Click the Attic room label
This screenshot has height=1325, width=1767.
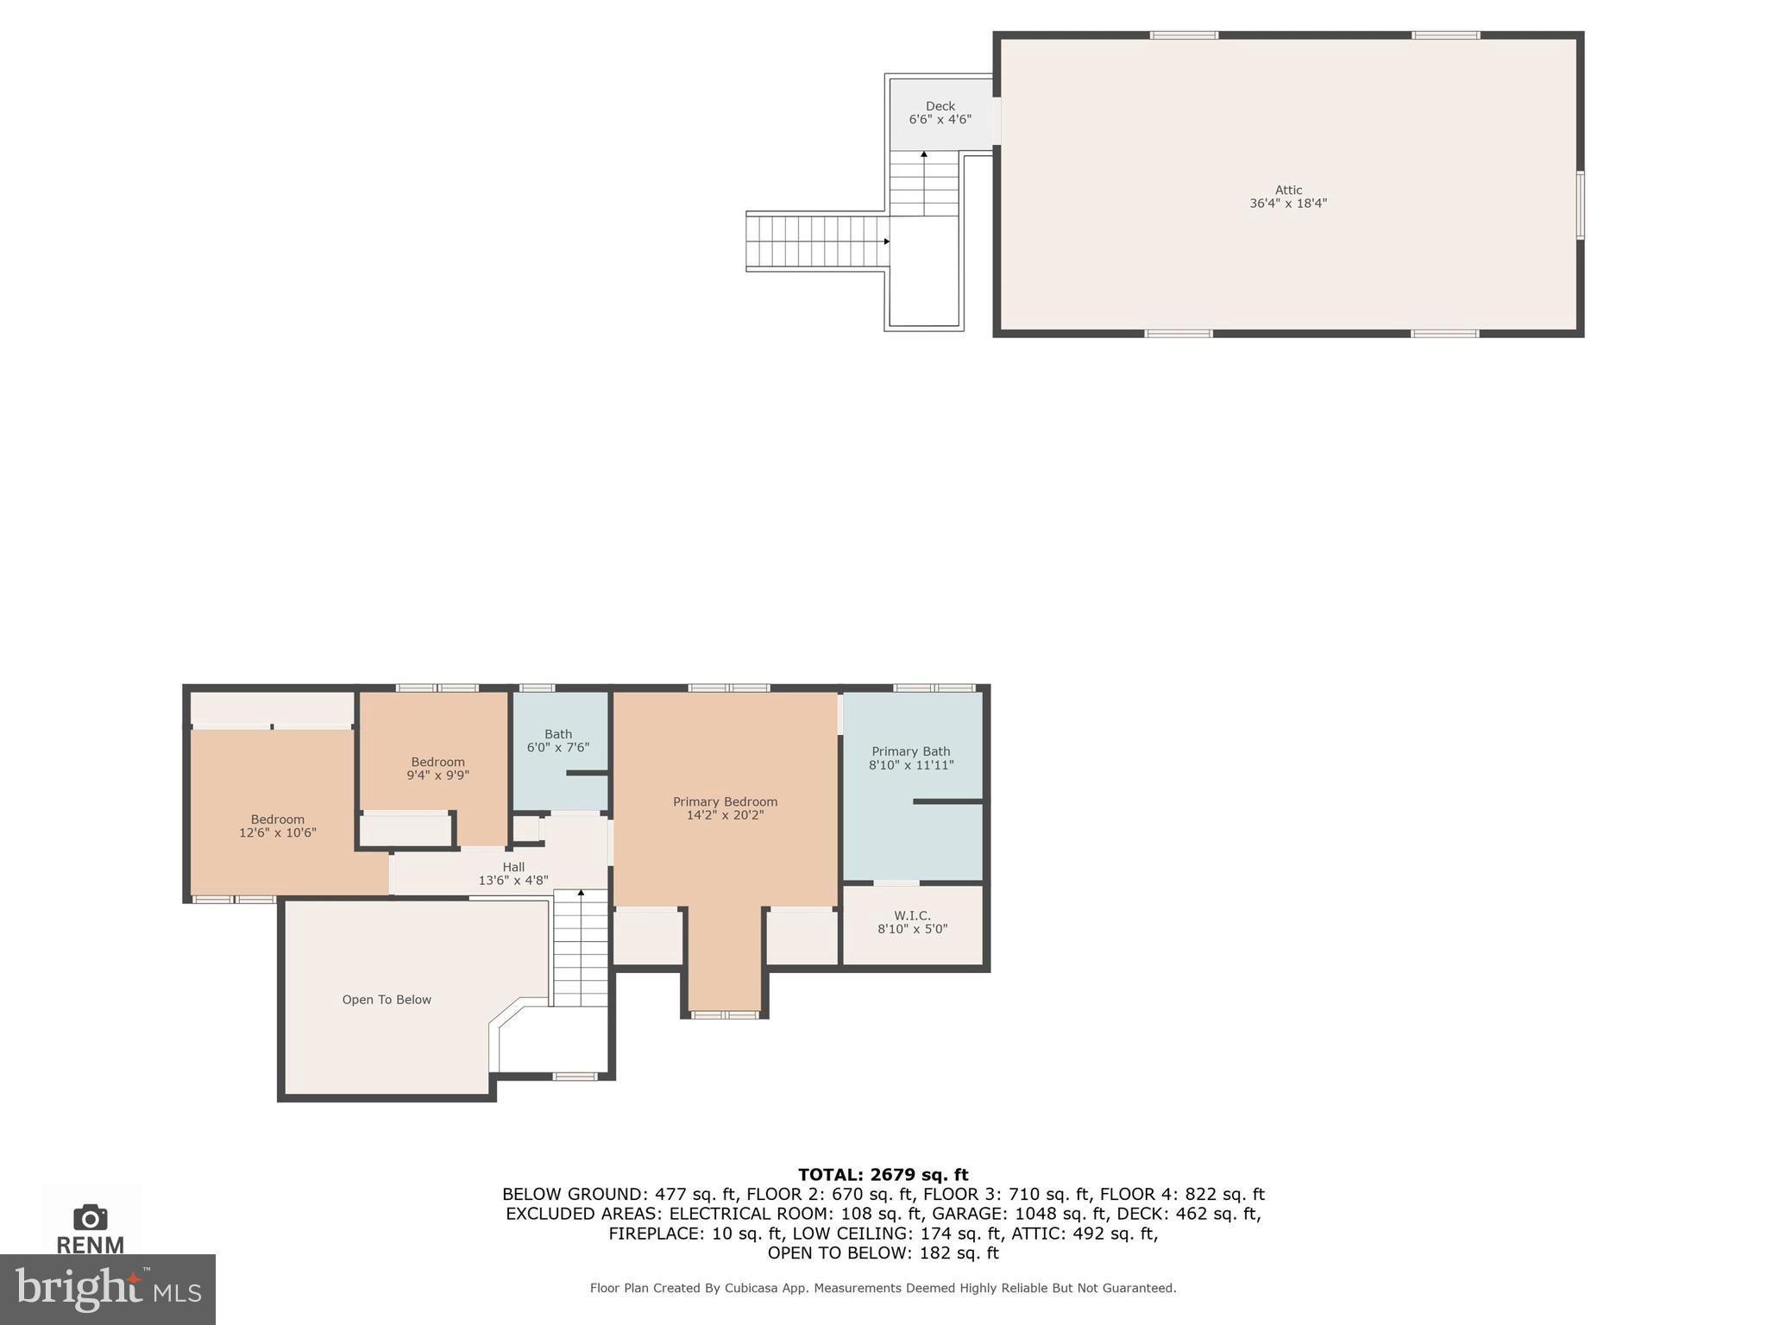tap(1287, 197)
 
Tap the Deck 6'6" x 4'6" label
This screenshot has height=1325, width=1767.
tap(940, 113)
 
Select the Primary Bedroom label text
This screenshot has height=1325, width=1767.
tap(725, 802)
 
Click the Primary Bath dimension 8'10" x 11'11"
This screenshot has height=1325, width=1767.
tap(911, 765)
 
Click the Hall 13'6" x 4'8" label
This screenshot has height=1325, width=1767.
tap(513, 874)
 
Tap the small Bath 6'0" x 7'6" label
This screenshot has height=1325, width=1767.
tap(558, 741)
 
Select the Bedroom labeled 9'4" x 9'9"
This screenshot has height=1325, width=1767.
tap(437, 769)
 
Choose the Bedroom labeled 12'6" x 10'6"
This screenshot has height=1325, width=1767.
tap(277, 826)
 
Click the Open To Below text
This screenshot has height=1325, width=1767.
tap(387, 1000)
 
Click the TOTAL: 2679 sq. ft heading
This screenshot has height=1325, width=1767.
tap(883, 1175)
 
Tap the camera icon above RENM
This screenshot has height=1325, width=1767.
tap(90, 1218)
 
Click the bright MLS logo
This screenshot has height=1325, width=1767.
tap(108, 1289)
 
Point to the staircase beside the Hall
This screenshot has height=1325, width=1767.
tap(580, 949)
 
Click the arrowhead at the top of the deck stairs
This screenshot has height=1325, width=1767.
tap(924, 154)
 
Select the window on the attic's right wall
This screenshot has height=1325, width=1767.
tap(1580, 204)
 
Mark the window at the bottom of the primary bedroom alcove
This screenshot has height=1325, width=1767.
tap(725, 1015)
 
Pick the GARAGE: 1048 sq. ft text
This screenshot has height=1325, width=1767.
tap(1018, 1214)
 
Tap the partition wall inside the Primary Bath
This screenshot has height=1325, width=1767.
tap(947, 801)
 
